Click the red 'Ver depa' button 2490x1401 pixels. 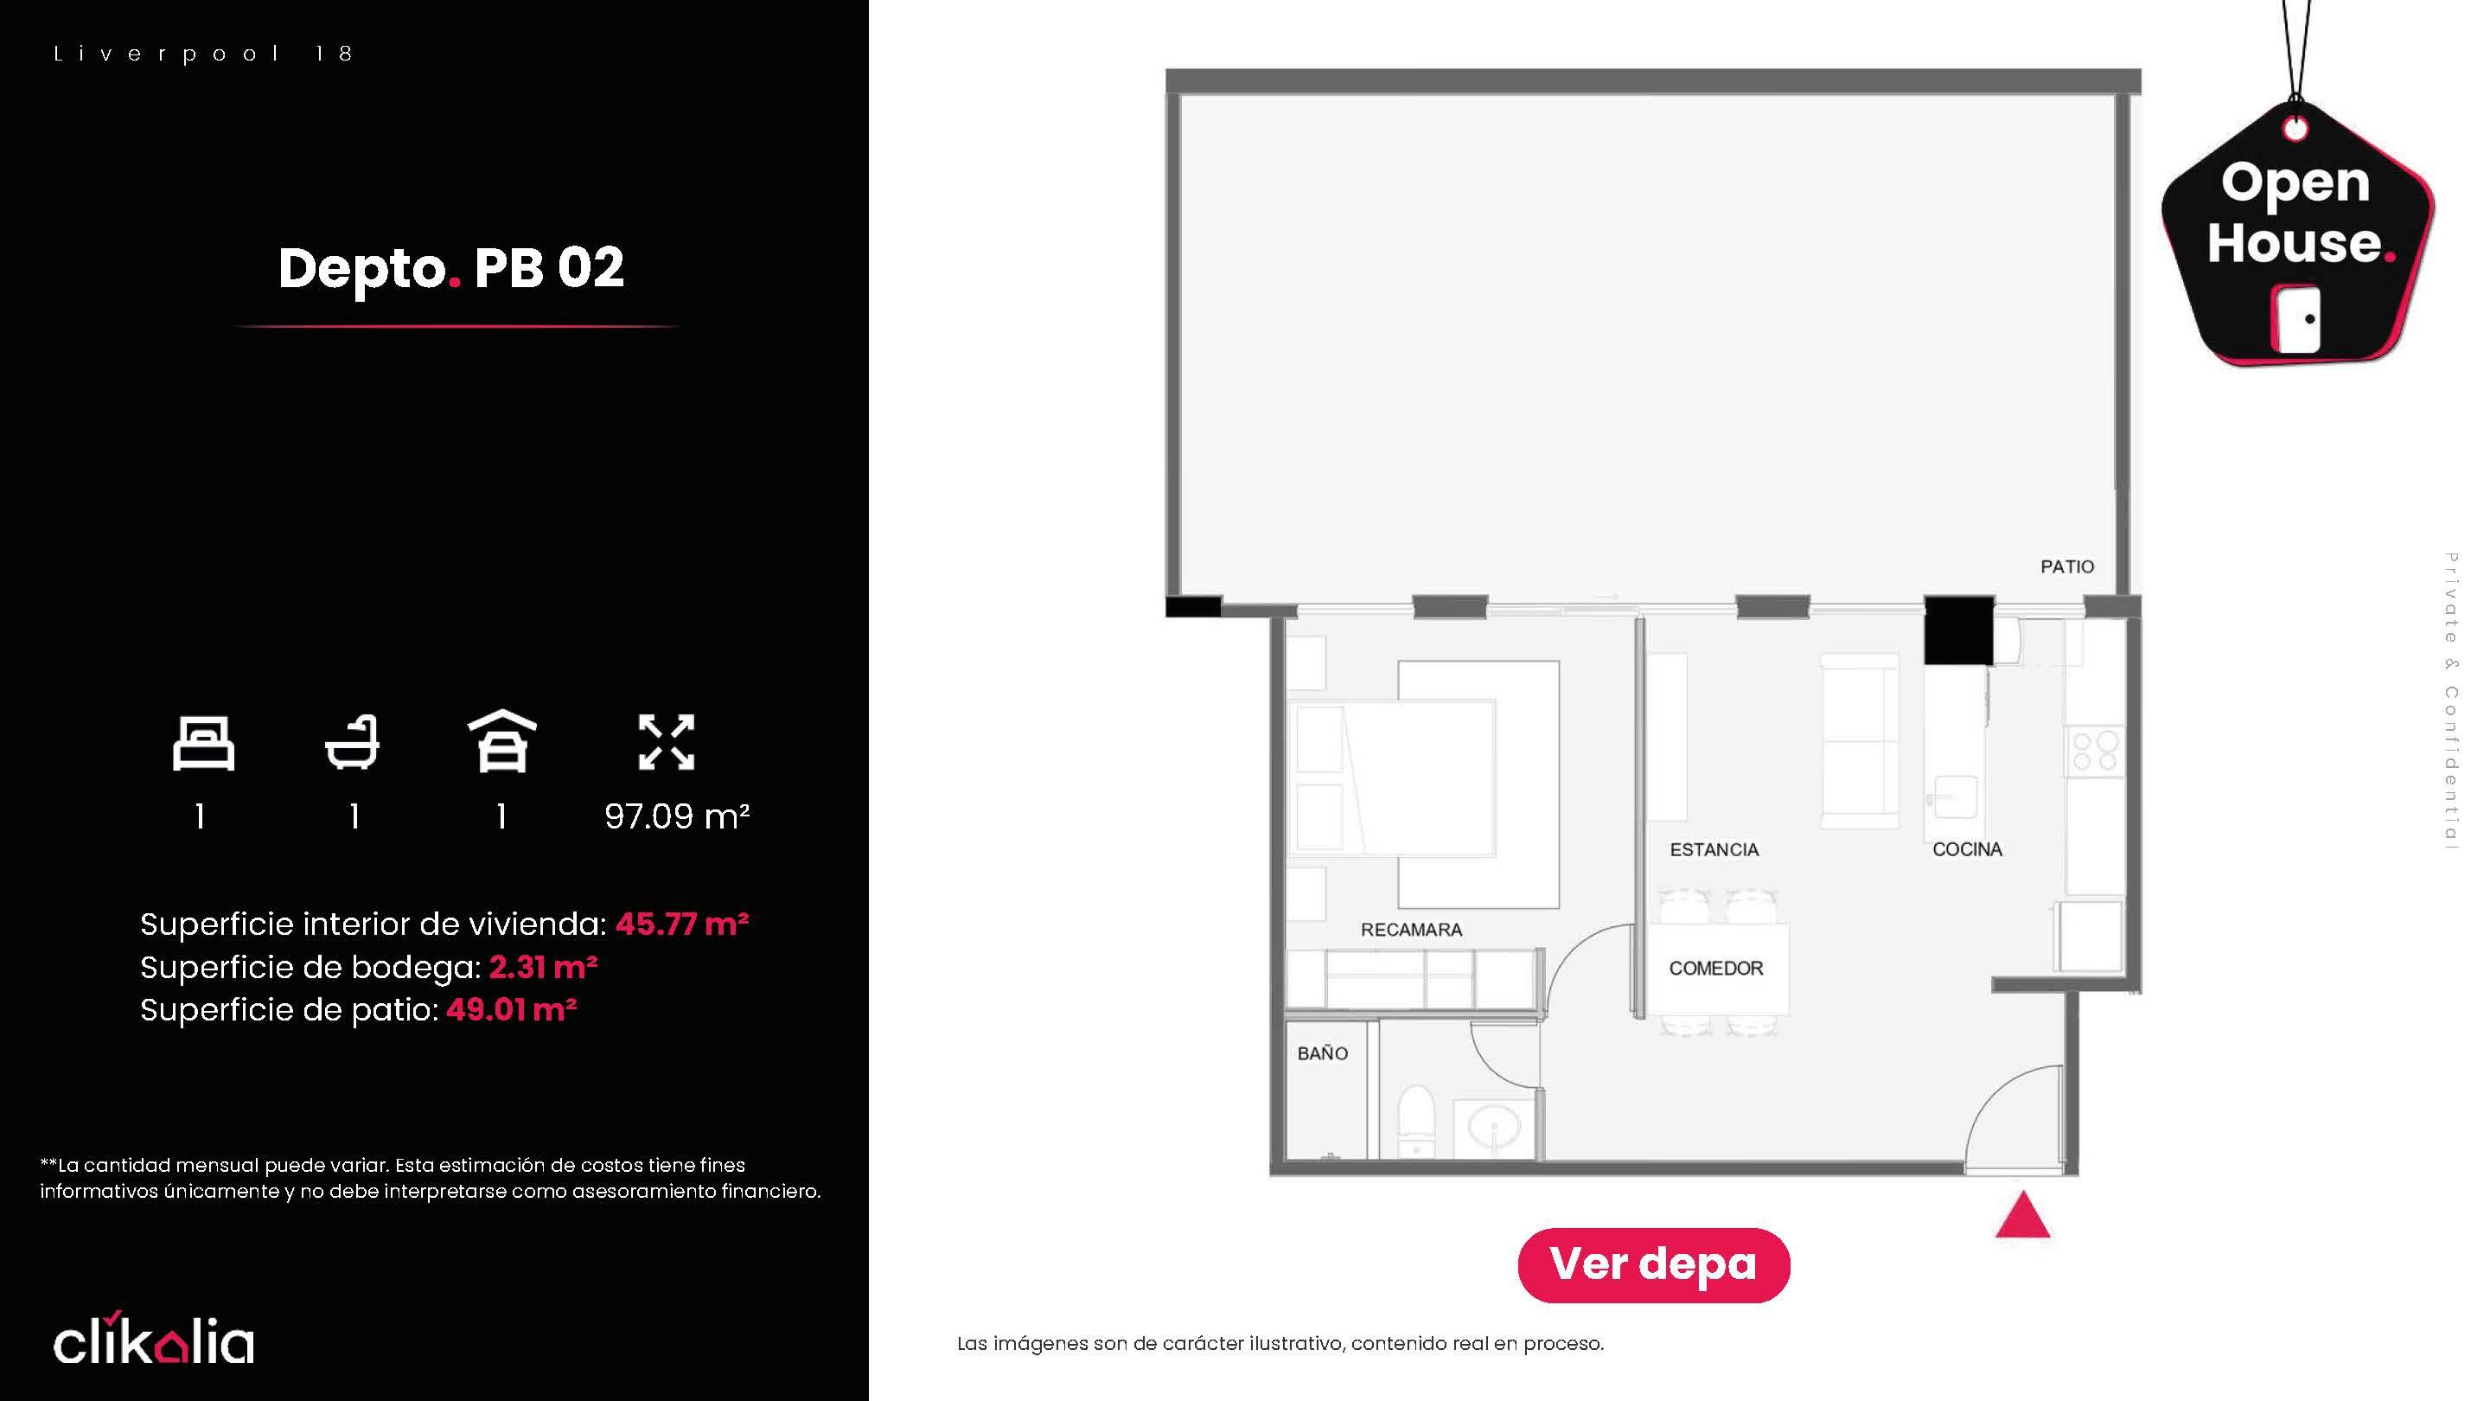tap(1653, 1264)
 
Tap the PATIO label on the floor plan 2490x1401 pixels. tap(2066, 566)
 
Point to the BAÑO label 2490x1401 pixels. tap(1322, 1053)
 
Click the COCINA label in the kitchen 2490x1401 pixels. tap(1967, 849)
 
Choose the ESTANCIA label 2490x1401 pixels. tap(1714, 850)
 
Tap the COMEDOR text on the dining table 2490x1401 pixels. tap(1715, 968)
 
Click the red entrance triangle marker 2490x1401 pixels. tap(2022, 1216)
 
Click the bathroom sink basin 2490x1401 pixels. tap(1493, 1126)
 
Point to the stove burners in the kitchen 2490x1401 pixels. tap(2095, 752)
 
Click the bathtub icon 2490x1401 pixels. tap(352, 743)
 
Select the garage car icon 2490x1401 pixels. tap(501, 742)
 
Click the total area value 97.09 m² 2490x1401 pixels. tap(677, 817)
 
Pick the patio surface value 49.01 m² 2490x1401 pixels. tap(511, 1009)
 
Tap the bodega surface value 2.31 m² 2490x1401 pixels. tap(543, 967)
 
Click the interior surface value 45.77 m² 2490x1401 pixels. tap(682, 924)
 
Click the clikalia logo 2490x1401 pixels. tap(154, 1338)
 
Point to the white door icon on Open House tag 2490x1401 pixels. tap(2295, 319)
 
